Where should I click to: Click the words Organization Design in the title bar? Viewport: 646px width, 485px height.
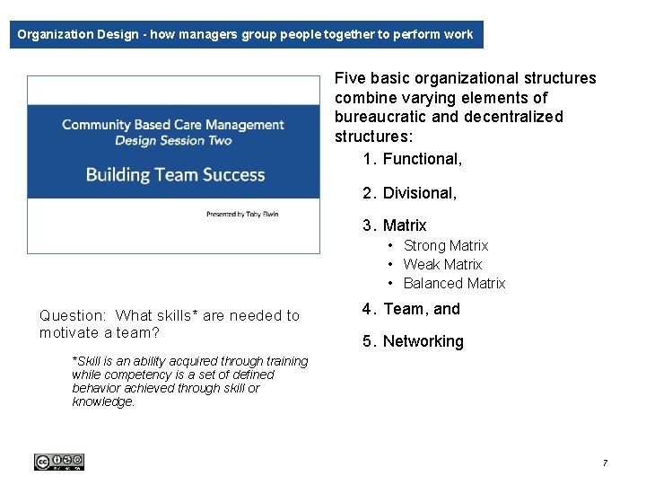tap(80, 35)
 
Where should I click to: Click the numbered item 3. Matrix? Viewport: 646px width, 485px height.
tap(395, 225)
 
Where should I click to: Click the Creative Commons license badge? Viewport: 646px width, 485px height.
tap(59, 462)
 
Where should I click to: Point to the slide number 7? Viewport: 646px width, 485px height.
tap(605, 463)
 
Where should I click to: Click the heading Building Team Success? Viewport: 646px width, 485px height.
tap(175, 174)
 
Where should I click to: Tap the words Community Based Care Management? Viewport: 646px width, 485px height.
tap(173, 125)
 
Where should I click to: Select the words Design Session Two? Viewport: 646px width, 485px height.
tap(173, 140)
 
